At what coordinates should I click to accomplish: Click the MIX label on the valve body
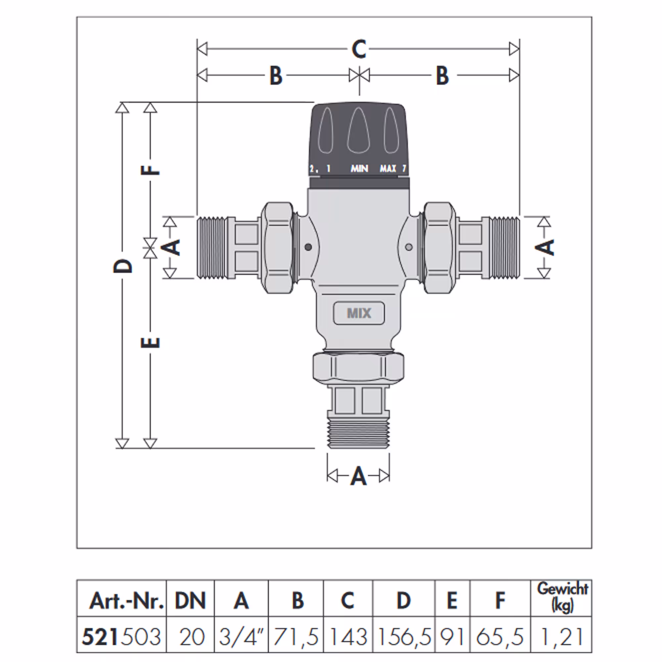pos(359,313)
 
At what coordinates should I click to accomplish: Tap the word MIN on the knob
pos(359,168)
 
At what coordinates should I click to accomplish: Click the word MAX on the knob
pos(388,168)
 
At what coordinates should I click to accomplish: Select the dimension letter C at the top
pos(359,49)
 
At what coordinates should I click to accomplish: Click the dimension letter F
pos(150,170)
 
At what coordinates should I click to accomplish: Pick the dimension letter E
pos(150,342)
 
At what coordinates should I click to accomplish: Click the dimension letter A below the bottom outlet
pos(358,476)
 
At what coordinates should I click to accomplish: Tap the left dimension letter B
pos(276,75)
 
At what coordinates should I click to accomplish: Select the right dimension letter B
pos(442,75)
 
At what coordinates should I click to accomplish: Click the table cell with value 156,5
pos(403,637)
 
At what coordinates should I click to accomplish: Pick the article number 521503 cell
pos(121,637)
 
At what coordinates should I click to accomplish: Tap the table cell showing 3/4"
pos(241,637)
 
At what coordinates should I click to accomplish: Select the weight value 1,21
pos(562,637)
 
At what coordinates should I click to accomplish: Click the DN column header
pos(190,600)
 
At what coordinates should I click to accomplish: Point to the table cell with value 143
pos(348,637)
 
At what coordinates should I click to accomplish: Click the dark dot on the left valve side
pos(308,247)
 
